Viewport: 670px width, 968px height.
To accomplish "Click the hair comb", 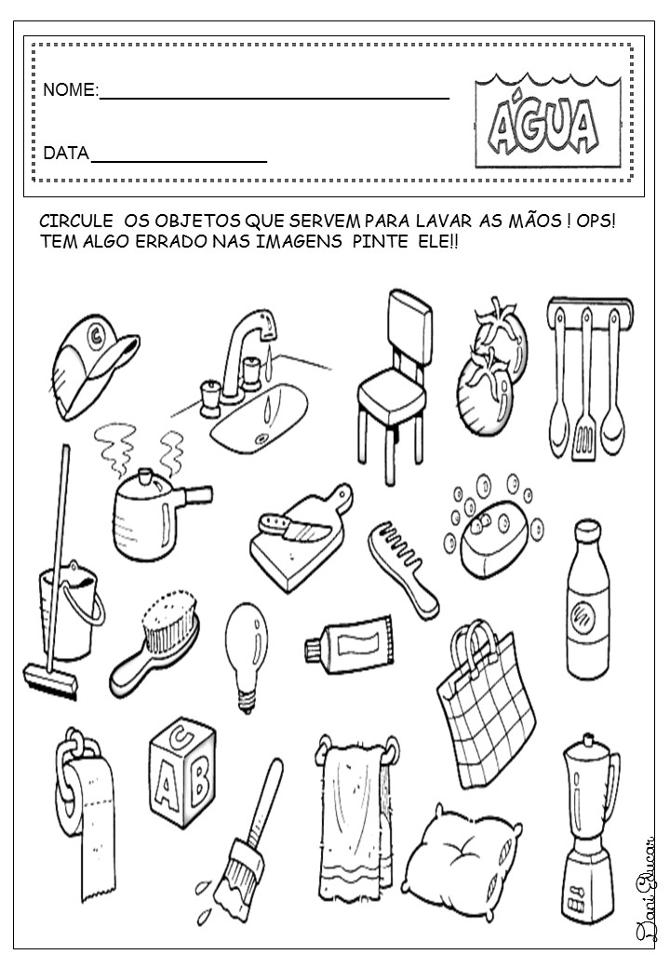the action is pyautogui.click(x=401, y=558).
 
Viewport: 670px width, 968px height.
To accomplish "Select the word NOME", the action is pyautogui.click(x=70, y=90).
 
